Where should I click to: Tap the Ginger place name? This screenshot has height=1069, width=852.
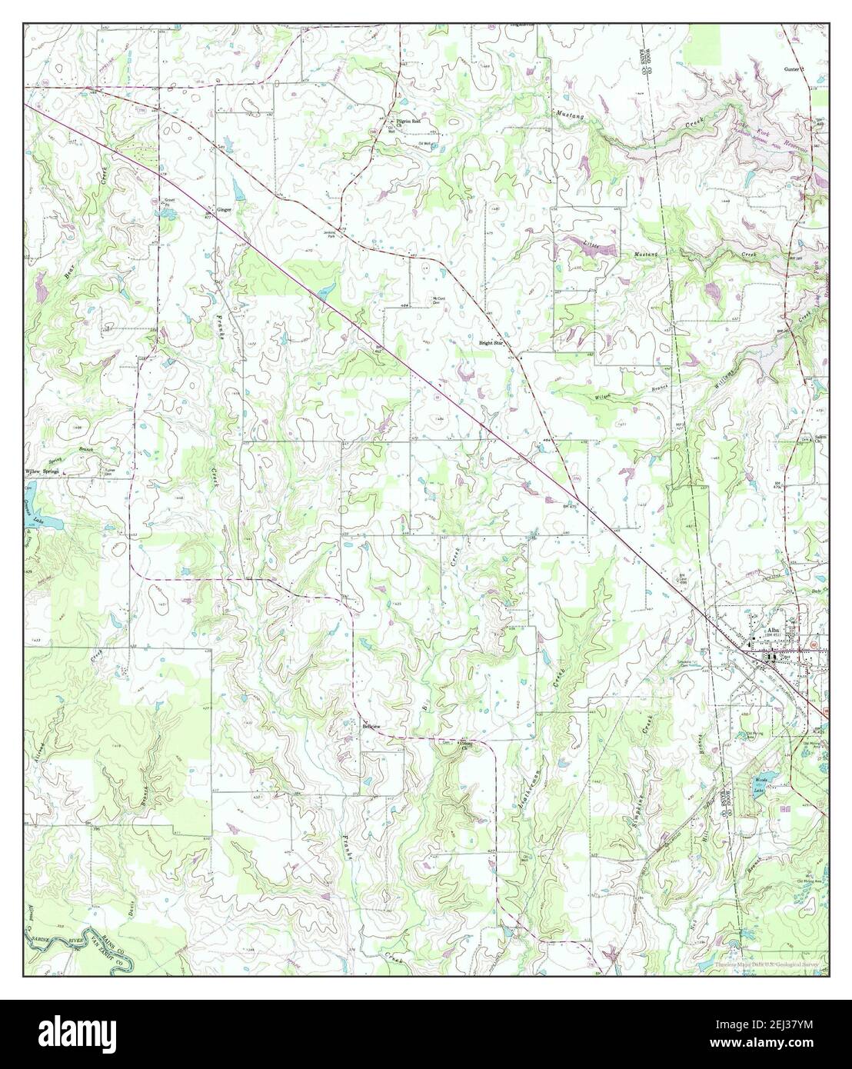point(224,209)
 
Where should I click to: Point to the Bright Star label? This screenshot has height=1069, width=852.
point(491,343)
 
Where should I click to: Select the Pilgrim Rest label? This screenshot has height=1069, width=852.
point(408,122)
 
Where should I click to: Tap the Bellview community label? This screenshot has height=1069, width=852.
point(371,725)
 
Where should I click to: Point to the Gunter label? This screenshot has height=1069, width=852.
point(792,68)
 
